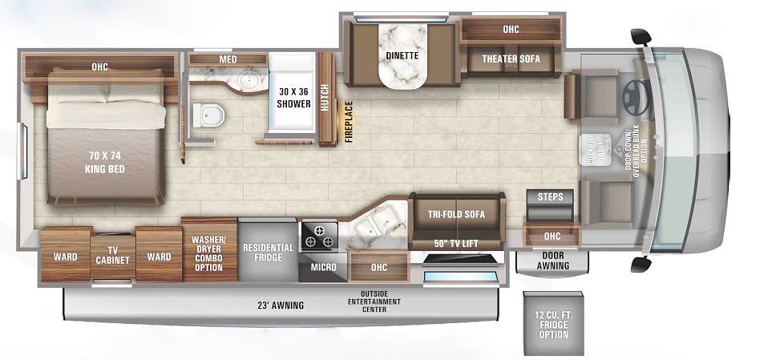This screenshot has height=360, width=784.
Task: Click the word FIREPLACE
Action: (349, 122)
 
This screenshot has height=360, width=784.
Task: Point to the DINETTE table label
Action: (402, 56)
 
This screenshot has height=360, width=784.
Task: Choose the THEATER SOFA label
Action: (511, 59)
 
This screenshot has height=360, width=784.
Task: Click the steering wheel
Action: (636, 92)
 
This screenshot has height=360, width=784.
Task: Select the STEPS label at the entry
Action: (550, 196)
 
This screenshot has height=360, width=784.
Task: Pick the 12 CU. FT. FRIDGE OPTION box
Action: (553, 323)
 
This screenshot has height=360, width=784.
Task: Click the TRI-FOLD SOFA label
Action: (456, 215)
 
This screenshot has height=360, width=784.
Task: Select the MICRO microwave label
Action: (323, 268)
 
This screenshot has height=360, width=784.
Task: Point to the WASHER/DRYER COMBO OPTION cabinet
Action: (209, 250)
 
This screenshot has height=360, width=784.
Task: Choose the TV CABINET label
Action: (112, 256)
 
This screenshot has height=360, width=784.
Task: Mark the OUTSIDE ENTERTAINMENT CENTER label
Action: (374, 301)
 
